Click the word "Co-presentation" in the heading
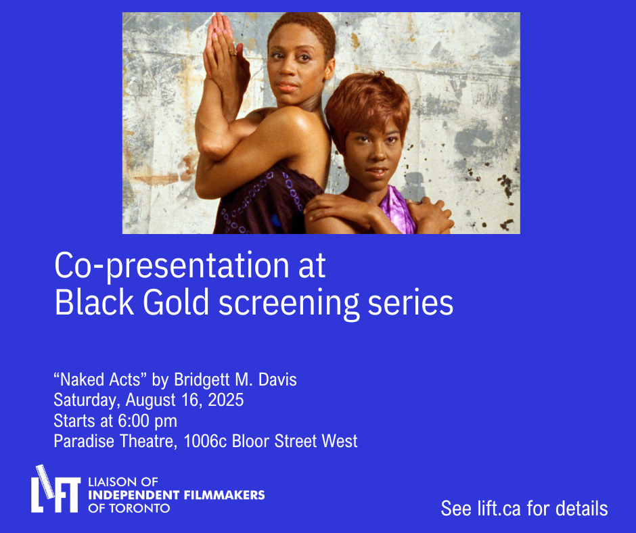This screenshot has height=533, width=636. coord(172,266)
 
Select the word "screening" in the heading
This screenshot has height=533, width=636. coord(289,304)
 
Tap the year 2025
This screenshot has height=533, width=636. coord(225,400)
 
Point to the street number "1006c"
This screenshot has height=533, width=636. coord(205,441)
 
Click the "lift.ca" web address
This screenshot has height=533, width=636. coord(499,509)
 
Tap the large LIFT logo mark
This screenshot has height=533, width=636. coord(55,489)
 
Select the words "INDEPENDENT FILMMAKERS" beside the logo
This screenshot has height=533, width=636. coord(177,495)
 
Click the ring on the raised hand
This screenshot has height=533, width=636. coord(233,53)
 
